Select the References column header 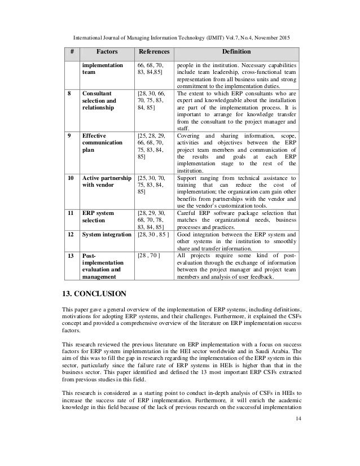[154, 52]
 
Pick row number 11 [70, 213]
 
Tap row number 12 [70, 232]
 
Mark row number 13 [70, 256]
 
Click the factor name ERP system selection [99, 217]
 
